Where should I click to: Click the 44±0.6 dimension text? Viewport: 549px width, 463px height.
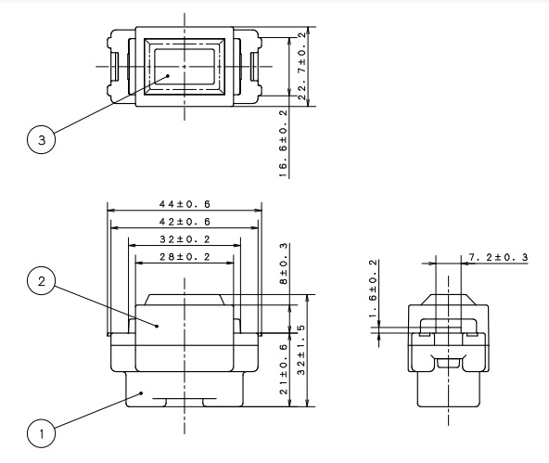coord(185,204)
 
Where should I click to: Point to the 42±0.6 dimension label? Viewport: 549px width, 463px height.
coord(185,222)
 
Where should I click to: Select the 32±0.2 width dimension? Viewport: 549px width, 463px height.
coord(185,239)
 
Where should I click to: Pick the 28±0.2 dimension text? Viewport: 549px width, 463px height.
coord(185,257)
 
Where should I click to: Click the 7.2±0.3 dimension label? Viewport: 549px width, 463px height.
coord(498,257)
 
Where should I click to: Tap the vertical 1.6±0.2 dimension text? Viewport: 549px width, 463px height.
coord(374,289)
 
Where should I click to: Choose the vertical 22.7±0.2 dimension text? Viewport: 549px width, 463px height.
coord(302,66)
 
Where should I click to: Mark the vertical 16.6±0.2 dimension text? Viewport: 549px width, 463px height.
coord(283,144)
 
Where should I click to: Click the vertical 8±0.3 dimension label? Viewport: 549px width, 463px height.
coord(283,264)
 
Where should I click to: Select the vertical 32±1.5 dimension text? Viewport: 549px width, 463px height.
coord(300,350)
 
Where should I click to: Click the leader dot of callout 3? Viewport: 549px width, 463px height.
coord(168,76)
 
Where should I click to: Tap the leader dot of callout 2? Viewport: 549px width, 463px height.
coord(157,326)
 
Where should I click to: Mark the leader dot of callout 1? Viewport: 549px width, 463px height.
coord(141,393)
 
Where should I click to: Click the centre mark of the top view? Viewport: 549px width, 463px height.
coord(185,66)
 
